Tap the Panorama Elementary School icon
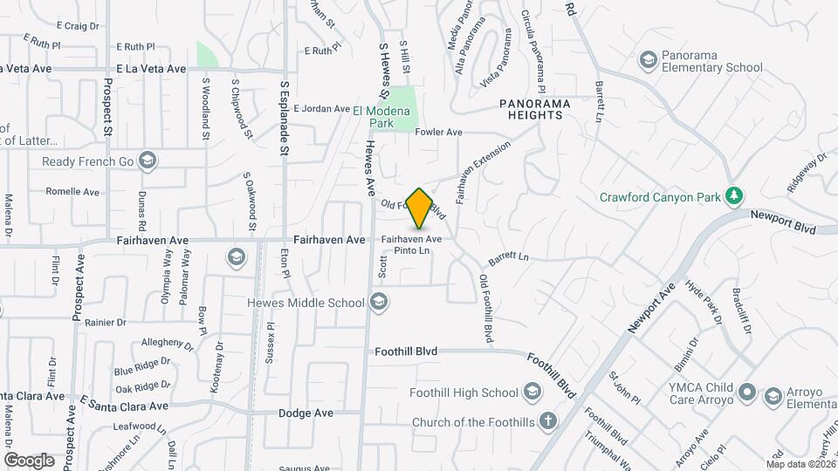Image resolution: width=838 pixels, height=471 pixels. tap(648, 59)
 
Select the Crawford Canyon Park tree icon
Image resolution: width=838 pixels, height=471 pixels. tap(736, 195)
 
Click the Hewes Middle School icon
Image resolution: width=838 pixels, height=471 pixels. tap(378, 303)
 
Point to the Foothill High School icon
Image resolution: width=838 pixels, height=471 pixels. tap(532, 392)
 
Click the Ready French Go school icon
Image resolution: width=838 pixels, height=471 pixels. tap(148, 160)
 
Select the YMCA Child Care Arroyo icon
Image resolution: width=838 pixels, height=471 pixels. tap(745, 392)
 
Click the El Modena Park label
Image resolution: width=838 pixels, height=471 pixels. tap(385, 117)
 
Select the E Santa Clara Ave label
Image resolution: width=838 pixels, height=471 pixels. tap(124, 406)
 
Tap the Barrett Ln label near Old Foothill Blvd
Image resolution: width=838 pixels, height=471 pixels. tap(509, 257)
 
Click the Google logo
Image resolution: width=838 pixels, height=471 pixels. tap(29, 460)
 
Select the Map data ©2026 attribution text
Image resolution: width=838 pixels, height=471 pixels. tap(800, 464)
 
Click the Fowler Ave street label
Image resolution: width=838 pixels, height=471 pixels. tap(438, 133)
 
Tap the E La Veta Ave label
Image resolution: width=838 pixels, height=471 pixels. tap(151, 68)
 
